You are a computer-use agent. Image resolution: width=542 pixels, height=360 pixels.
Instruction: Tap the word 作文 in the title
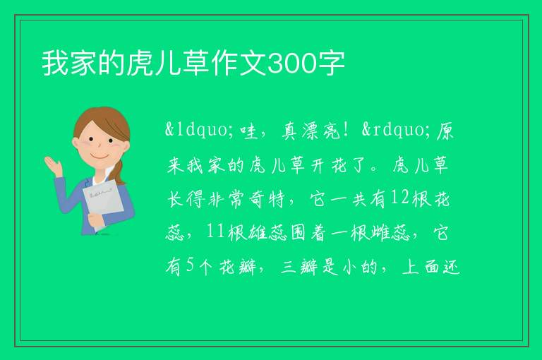pos(239,64)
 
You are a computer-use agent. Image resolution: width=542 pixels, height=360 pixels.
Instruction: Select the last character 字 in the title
pos(330,64)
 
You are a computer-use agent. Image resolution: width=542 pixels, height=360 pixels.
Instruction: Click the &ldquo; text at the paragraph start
pos(195,131)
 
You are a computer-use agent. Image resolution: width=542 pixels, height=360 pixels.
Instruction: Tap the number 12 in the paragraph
pos(399,198)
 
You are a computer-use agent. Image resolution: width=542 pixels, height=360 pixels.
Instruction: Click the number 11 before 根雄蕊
pos(215,232)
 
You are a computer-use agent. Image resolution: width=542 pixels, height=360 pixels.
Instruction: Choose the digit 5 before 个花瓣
pos(191,265)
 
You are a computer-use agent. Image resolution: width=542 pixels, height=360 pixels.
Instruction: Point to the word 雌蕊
pos(390,232)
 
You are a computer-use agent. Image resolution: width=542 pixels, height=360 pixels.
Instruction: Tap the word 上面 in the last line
pos(421,266)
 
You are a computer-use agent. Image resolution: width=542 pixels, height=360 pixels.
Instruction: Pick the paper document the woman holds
pos(102,203)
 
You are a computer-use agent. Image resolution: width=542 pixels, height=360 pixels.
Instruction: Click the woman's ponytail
pos(120,172)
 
